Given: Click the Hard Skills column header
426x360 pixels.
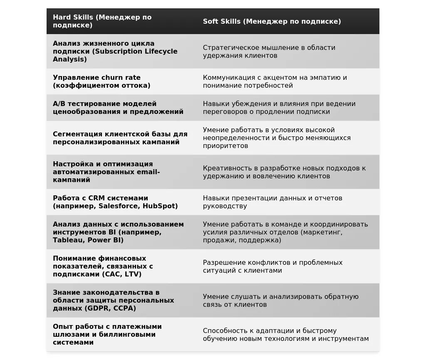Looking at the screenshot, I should [102, 21].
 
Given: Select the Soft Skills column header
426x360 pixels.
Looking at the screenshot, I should [272, 21].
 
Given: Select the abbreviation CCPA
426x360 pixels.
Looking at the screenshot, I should [124, 308].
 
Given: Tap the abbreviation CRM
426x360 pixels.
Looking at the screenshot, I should [97, 198].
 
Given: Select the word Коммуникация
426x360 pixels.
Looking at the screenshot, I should [228, 77].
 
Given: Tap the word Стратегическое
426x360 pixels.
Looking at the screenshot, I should [230, 47].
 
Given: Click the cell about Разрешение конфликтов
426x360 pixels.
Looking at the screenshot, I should [272, 266].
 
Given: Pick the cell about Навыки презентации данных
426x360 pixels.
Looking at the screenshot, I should [272, 202].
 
